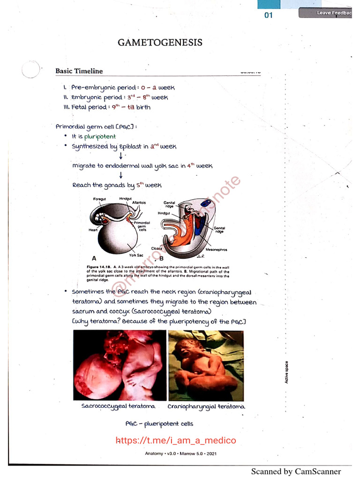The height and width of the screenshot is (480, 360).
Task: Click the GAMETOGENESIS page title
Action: click(x=160, y=43)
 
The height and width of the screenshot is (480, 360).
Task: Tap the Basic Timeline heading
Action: click(x=79, y=71)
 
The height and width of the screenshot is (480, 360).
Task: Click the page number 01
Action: click(x=269, y=15)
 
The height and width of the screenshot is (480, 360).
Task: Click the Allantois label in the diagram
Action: click(x=139, y=202)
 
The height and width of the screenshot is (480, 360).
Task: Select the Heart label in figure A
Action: click(x=93, y=230)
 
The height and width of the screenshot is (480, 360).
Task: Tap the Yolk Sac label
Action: click(x=135, y=255)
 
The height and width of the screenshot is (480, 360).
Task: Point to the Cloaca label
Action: click(x=157, y=248)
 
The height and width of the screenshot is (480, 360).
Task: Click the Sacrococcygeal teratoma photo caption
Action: click(x=118, y=406)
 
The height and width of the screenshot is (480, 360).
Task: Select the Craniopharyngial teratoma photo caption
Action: click(x=206, y=406)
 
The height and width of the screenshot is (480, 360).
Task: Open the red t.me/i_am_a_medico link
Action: click(x=176, y=440)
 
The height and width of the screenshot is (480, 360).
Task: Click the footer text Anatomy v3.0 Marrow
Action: click(x=180, y=453)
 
